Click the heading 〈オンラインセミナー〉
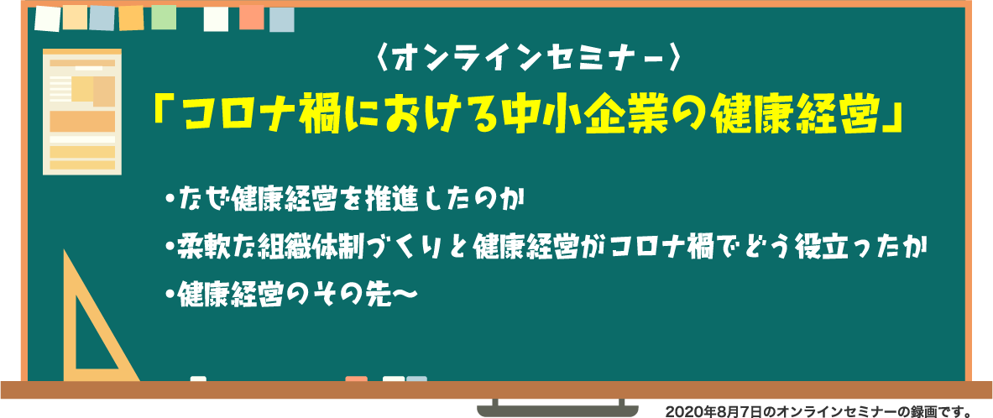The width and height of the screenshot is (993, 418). click(527, 60)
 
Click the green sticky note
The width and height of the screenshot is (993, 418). click(164, 17)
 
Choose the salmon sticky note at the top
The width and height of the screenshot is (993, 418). click(252, 17)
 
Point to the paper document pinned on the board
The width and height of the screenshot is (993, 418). click(81, 112)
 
